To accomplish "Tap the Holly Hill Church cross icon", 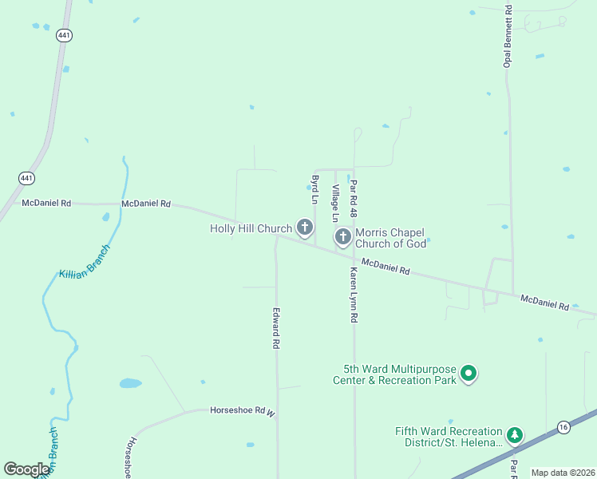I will pyautogui.click(x=304, y=228).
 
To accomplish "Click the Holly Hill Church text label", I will pyautogui.click(x=251, y=228).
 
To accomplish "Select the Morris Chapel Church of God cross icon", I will pyautogui.click(x=342, y=237).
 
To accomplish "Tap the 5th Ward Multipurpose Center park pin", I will pyautogui.click(x=469, y=374).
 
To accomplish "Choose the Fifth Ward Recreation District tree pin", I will pyautogui.click(x=516, y=436).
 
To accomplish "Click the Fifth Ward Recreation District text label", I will pyautogui.click(x=449, y=436).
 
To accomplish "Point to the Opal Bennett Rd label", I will pyautogui.click(x=507, y=35).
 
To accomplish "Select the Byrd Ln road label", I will pyautogui.click(x=315, y=189).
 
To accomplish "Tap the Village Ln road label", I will pyautogui.click(x=336, y=203).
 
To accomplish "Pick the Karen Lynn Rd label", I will pyautogui.click(x=353, y=294).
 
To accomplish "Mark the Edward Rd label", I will pyautogui.click(x=276, y=327).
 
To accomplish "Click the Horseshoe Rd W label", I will pyautogui.click(x=242, y=410).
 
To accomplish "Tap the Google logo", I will pyautogui.click(x=26, y=469).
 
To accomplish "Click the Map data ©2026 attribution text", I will pyautogui.click(x=563, y=473).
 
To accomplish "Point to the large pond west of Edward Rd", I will pyautogui.click(x=130, y=383).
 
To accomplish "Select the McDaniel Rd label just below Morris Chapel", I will pyautogui.click(x=385, y=267).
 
